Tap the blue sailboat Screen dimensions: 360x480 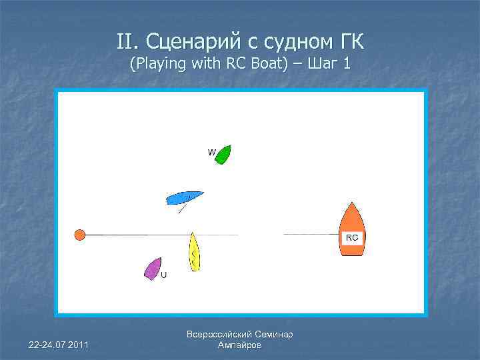pos(184,198)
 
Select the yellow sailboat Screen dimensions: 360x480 pos(193,252)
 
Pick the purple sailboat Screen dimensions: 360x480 pos(153,268)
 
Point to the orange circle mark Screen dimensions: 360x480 pos(80,235)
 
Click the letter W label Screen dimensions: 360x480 pos(211,153)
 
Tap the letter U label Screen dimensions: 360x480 pos(164,275)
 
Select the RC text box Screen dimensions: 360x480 pos(352,237)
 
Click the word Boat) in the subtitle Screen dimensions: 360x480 pos(270,64)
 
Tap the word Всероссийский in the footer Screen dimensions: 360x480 pos(219,335)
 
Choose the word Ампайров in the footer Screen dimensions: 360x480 pos(240,345)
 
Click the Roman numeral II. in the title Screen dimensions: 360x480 pos(125,43)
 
